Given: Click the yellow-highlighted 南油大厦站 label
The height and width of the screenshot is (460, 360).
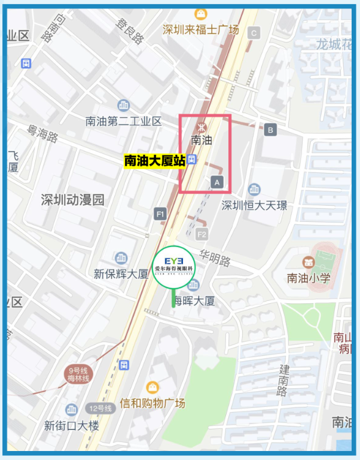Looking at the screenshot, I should click(x=154, y=160).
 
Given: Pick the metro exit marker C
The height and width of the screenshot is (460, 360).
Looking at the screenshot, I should click(x=254, y=33).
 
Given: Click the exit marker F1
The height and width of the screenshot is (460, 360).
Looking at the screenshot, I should click(x=160, y=214).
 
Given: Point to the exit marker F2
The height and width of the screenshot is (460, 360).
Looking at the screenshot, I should click(x=202, y=234).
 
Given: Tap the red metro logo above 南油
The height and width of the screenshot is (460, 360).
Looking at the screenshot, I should click(x=202, y=127).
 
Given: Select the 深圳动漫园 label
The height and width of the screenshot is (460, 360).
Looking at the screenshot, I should click(x=72, y=200).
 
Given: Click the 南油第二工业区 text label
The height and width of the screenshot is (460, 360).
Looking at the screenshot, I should click(x=123, y=121).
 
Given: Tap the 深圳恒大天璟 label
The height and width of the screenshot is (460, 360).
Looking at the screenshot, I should click(x=254, y=205).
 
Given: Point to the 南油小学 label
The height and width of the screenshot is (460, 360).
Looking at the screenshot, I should click(x=309, y=278).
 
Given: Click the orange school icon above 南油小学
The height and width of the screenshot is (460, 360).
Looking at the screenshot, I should click(x=308, y=262).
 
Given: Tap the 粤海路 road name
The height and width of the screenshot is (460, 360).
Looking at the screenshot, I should click(x=43, y=133).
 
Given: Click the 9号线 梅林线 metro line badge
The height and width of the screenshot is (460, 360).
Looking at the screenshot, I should click(x=78, y=374).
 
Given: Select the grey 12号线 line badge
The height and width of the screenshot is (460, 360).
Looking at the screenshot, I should click(x=100, y=409).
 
